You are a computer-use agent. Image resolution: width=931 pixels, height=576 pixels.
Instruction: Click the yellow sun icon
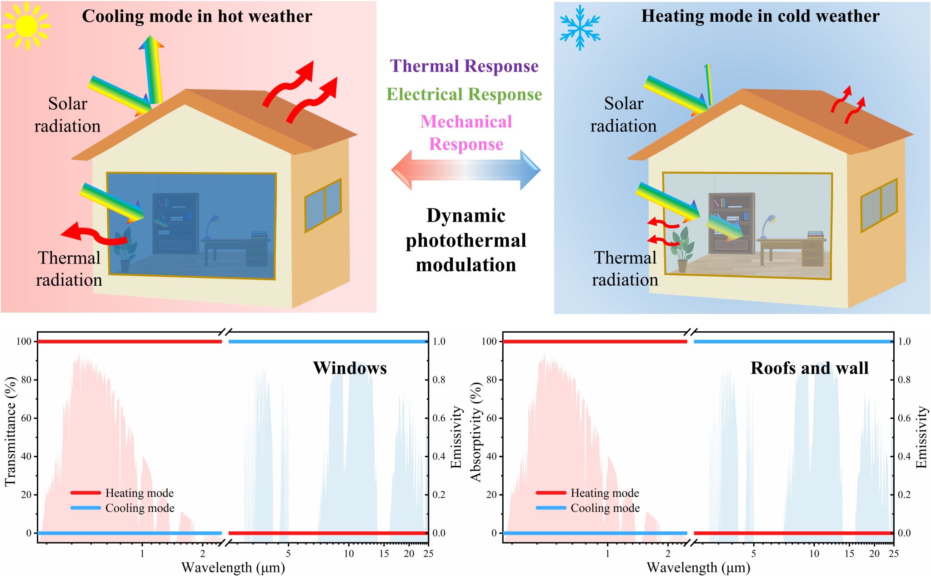click(26, 25)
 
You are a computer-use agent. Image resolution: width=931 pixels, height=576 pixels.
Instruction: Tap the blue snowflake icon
click(580, 27)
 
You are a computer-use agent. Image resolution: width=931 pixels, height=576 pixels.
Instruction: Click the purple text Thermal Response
click(464, 66)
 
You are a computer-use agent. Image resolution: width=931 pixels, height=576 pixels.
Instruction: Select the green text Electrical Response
click(464, 95)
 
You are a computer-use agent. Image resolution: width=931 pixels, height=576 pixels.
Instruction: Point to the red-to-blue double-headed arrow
click(466, 170)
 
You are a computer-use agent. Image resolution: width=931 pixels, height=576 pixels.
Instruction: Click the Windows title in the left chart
click(350, 368)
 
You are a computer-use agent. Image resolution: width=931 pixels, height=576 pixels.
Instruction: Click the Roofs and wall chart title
click(809, 368)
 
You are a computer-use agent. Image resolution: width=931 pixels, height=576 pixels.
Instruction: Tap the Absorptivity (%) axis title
click(476, 431)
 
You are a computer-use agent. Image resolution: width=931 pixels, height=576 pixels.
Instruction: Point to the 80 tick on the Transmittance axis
click(26, 379)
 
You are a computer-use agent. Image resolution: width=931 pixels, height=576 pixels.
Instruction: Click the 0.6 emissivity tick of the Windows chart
click(439, 418)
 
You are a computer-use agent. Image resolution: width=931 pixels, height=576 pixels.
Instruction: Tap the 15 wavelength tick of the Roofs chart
click(849, 554)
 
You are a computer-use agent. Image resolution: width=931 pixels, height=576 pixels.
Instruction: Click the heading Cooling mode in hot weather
click(197, 16)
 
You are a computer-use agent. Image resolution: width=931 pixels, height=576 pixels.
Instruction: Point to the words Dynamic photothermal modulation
click(466, 240)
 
